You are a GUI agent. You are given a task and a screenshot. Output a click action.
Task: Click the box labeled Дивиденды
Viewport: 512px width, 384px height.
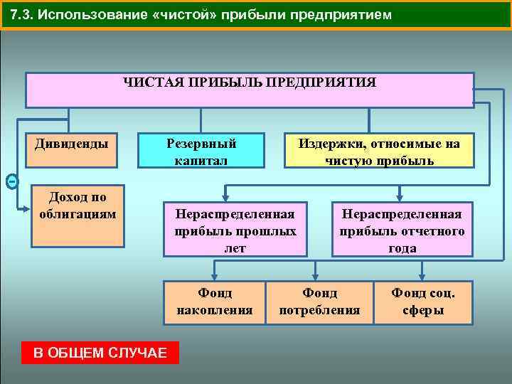click(x=72, y=145)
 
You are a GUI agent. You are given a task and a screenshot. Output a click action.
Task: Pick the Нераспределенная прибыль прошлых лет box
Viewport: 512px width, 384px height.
click(x=235, y=230)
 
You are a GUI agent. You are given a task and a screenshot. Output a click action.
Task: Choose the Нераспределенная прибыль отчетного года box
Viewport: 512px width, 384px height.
click(x=402, y=230)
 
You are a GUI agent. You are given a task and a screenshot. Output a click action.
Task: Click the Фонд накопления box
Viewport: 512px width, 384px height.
click(x=214, y=301)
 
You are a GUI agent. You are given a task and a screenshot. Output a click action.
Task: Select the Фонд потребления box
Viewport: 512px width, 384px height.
click(x=319, y=301)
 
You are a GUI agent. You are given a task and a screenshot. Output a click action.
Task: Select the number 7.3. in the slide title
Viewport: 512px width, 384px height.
click(x=23, y=15)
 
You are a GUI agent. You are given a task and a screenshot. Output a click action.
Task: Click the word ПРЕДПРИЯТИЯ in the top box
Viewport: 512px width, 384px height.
click(x=321, y=82)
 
